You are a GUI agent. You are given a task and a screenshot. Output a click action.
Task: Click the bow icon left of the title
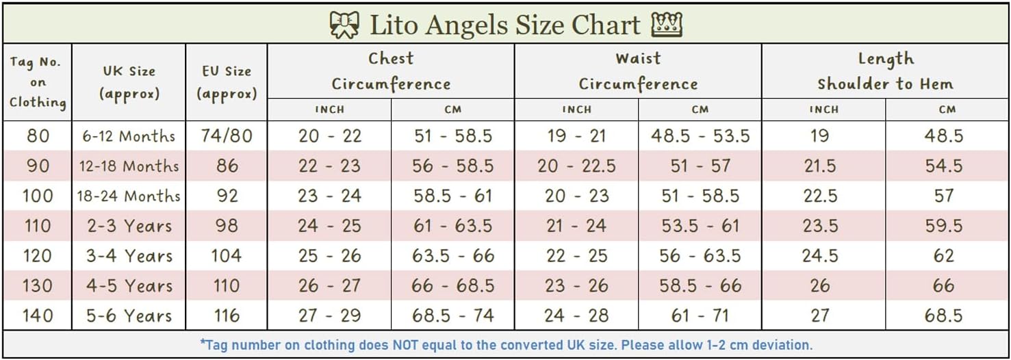[x=344, y=25]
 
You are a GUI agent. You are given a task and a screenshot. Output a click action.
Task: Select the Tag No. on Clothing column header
[x=38, y=82]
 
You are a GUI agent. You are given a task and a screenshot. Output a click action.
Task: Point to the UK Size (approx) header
[x=129, y=82]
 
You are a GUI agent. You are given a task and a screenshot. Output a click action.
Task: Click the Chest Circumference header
[x=391, y=71]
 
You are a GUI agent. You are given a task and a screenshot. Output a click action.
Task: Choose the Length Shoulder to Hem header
[x=885, y=71]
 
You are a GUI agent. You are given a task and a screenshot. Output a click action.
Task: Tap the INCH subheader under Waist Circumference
[x=576, y=110]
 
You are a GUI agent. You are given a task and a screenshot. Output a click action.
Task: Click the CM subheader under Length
[x=947, y=110]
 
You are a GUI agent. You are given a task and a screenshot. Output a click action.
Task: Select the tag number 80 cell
[x=38, y=136]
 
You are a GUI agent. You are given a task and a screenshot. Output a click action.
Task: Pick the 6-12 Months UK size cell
[x=129, y=136]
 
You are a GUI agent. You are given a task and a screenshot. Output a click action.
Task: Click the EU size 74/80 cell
[x=227, y=136]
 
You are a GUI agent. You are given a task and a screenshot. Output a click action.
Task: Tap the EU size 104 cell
[x=227, y=256]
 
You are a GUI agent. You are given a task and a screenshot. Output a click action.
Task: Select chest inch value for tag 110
[x=329, y=226]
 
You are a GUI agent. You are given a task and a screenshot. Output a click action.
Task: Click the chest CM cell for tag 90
[x=453, y=166]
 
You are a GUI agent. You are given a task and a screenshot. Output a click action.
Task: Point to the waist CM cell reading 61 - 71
[x=700, y=316]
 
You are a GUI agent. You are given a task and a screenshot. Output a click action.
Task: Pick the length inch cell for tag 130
[x=820, y=286]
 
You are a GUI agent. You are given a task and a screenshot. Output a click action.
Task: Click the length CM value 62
[x=944, y=256]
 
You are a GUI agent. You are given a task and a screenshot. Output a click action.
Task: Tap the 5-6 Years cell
[x=129, y=316]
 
